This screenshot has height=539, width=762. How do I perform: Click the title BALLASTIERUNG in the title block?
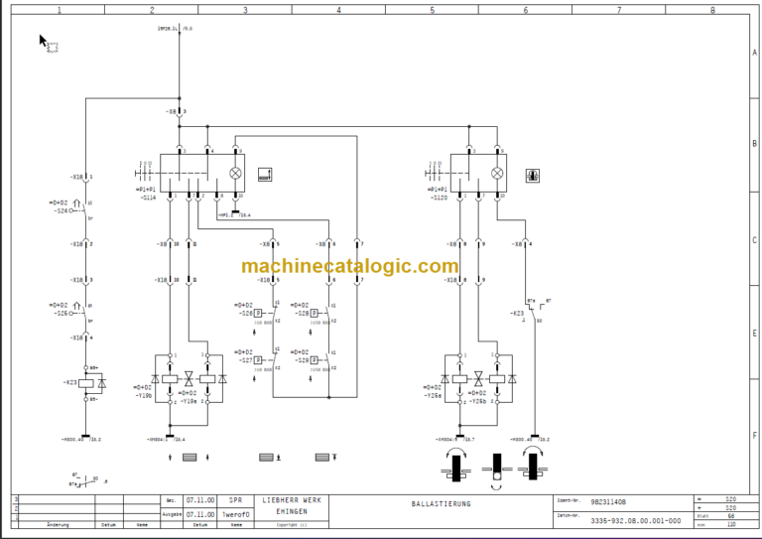click(x=442, y=504)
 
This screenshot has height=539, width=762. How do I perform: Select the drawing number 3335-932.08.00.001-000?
click(x=636, y=520)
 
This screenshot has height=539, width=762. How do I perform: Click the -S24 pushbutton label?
click(x=63, y=210)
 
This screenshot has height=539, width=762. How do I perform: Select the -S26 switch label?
click(x=63, y=312)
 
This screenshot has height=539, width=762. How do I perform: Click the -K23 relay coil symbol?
click(x=87, y=382)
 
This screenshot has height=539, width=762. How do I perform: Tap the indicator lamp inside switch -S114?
click(x=235, y=173)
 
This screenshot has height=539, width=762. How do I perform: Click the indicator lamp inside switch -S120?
click(x=498, y=173)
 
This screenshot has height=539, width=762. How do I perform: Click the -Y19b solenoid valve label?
click(x=145, y=394)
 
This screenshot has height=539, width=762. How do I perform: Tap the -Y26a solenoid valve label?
click(x=434, y=394)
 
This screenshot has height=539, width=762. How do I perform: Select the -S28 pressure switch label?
click(x=302, y=312)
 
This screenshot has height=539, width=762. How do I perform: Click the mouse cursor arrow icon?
click(x=44, y=41)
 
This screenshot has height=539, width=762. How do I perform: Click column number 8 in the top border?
click(x=711, y=9)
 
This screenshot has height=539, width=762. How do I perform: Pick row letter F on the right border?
click(x=754, y=435)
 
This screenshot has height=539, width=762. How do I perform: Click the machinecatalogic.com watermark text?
click(x=349, y=266)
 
